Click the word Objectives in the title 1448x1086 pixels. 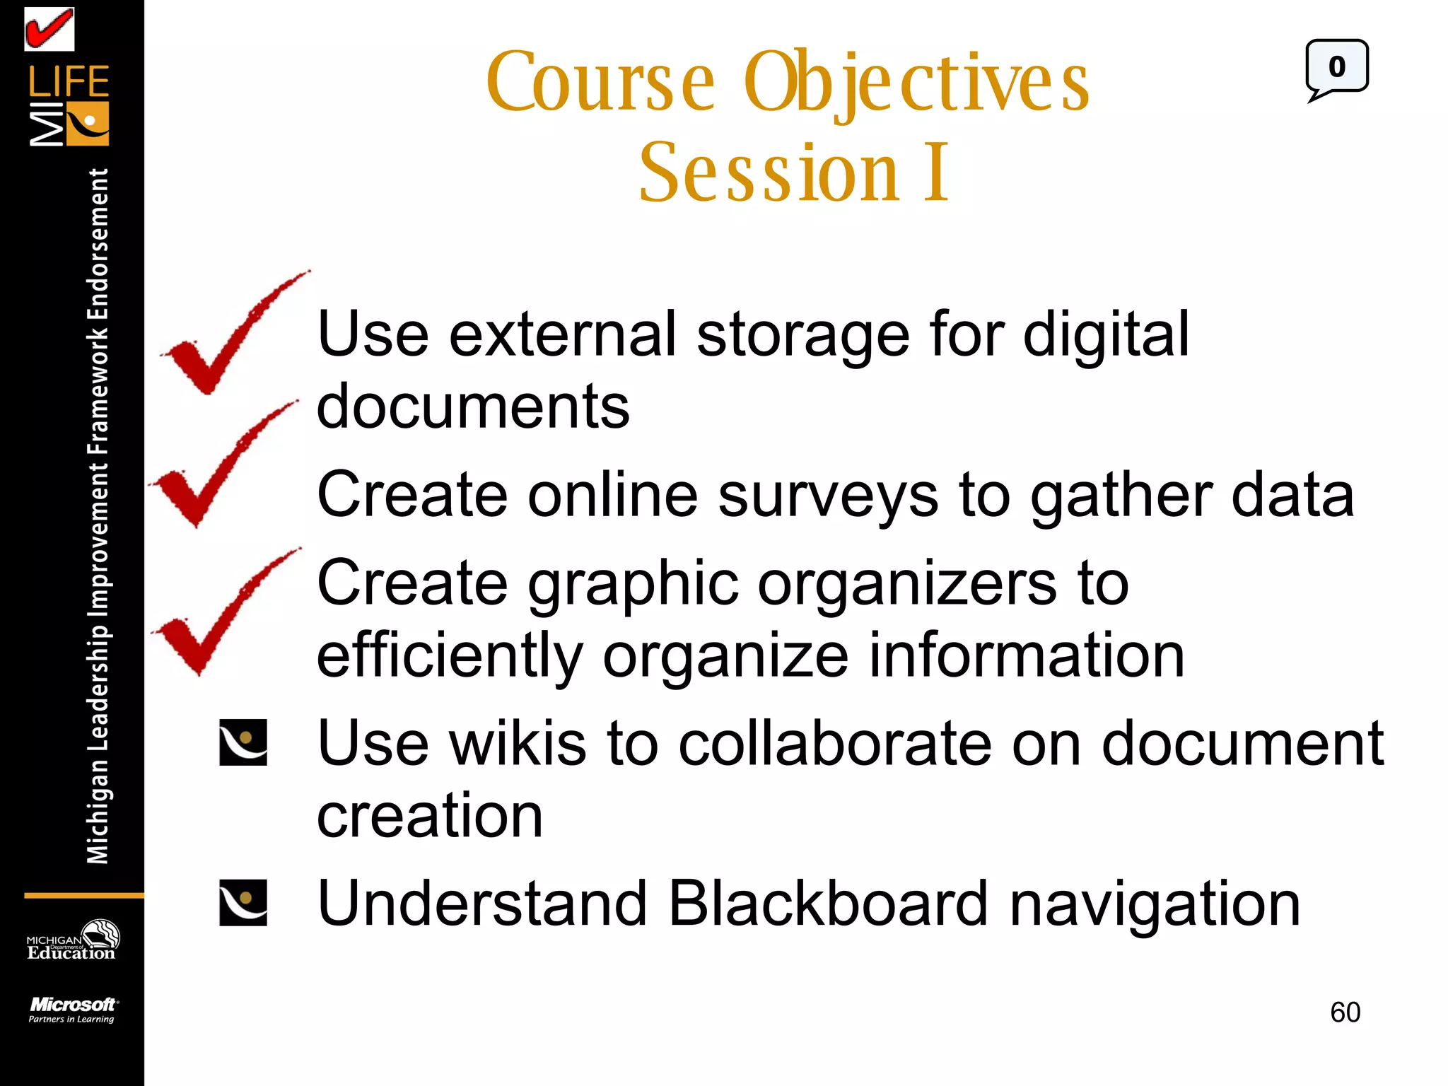pyautogui.click(x=916, y=83)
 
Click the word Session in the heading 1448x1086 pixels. pyautogui.click(x=769, y=173)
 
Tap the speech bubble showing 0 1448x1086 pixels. pyautogui.click(x=1336, y=68)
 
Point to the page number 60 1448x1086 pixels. pyautogui.click(x=1345, y=1012)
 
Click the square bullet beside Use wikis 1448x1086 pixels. pyautogui.click(x=243, y=742)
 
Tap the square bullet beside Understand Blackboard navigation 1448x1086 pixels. pyautogui.click(x=243, y=903)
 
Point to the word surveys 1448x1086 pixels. pyautogui.click(x=828, y=495)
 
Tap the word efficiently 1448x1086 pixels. pyautogui.click(x=450, y=655)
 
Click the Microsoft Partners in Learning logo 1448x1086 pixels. pyautogui.click(x=72, y=1010)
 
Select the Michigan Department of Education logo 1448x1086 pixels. pyautogui.click(x=72, y=940)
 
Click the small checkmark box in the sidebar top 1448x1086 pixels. pyautogui.click(x=49, y=29)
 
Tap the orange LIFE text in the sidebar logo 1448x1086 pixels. pyautogui.click(x=69, y=82)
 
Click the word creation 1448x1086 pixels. pyautogui.click(x=430, y=816)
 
